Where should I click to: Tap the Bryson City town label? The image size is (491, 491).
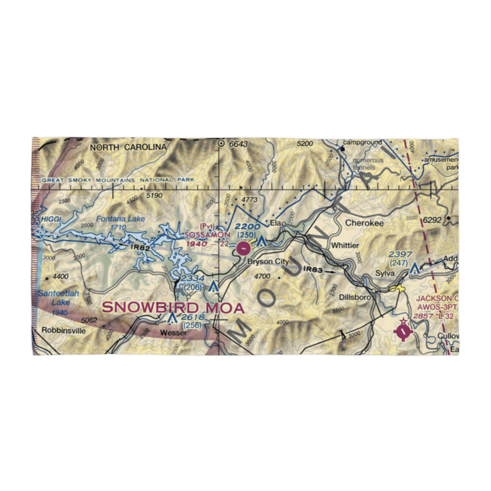coord(268,262)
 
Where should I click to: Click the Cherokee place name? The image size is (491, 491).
coord(364,222)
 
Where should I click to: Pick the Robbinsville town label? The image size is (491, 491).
coord(64,330)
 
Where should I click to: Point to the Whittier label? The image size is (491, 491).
coord(345,245)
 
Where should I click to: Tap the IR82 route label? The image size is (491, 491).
coord(140,248)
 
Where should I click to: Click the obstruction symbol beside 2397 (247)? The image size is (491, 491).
coord(415,269)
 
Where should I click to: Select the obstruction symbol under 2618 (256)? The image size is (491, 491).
coord(172,318)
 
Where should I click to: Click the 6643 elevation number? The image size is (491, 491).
coord(238,144)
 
